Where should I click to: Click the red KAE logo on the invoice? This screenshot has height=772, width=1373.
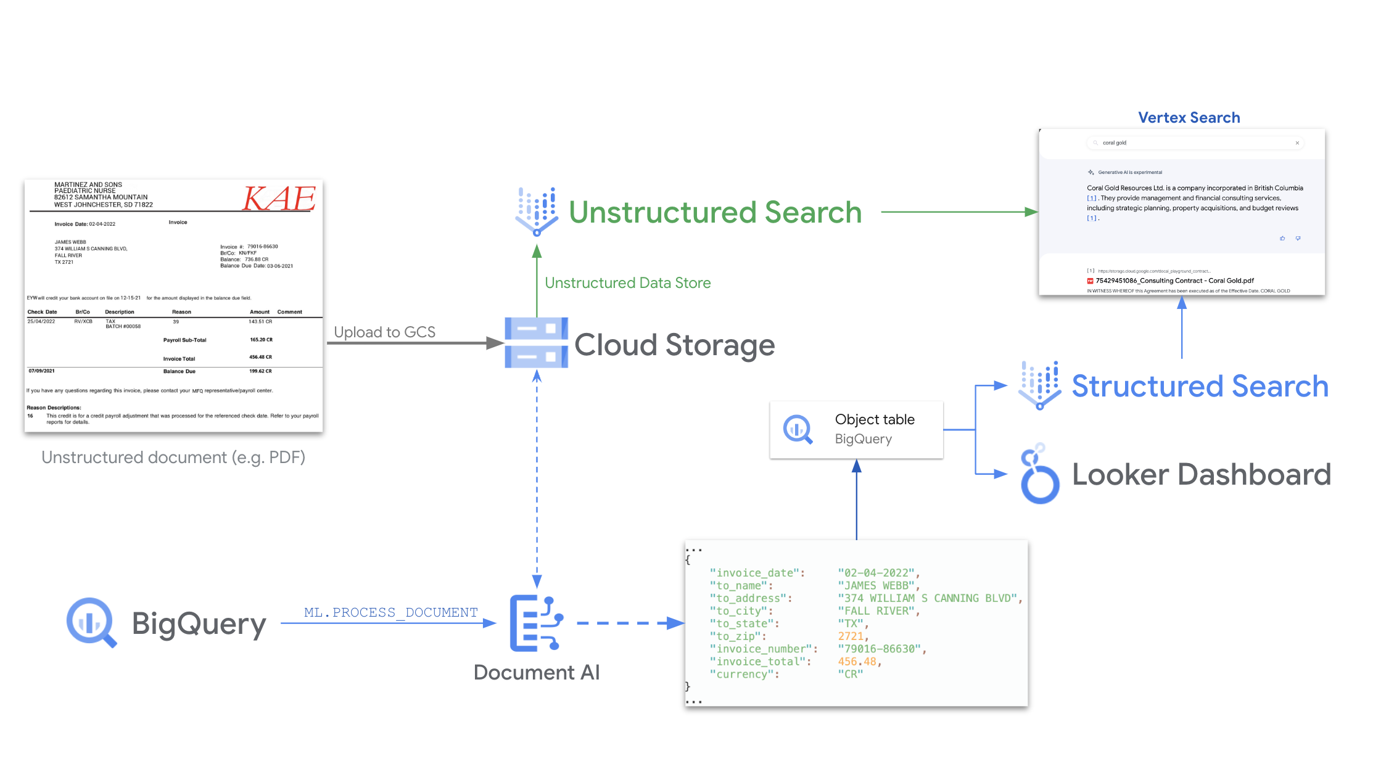[x=279, y=199]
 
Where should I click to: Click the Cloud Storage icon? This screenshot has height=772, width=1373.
[x=536, y=343]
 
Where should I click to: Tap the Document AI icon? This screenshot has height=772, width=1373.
[x=535, y=623]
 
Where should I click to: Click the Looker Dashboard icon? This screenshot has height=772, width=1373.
[x=1040, y=474]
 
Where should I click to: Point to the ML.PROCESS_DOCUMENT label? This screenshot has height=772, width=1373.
[x=390, y=612]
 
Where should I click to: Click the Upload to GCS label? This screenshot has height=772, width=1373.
[x=384, y=332]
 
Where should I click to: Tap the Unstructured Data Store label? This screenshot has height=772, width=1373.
[x=627, y=283]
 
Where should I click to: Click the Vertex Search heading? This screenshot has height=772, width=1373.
[x=1189, y=118]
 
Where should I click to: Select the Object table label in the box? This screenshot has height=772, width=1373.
[x=875, y=420]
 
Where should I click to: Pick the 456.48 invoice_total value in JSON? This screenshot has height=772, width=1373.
[x=856, y=662]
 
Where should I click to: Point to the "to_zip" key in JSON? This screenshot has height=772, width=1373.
[x=738, y=636]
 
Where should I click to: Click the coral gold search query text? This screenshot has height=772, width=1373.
[x=1114, y=143]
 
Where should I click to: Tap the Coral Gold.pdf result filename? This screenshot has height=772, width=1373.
[x=1174, y=281]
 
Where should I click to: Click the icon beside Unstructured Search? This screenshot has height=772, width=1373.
[x=537, y=211]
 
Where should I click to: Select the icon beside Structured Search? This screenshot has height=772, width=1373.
[x=1040, y=385]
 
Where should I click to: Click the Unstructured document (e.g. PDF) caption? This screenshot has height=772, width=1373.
[x=173, y=458]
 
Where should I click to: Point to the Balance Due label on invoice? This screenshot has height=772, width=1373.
[x=179, y=371]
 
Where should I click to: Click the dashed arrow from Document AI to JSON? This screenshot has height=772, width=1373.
[x=629, y=623]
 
